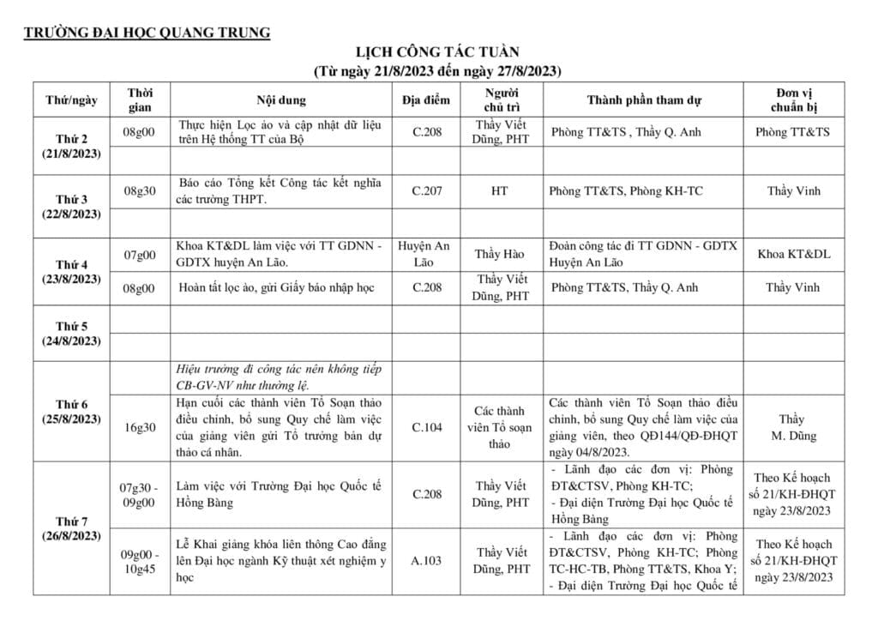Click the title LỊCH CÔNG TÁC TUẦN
point(438,53)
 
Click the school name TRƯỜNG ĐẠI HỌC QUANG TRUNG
point(147,33)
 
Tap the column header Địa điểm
point(425,99)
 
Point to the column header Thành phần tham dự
point(644,99)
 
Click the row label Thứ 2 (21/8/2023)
point(71,147)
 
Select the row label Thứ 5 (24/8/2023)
point(71,334)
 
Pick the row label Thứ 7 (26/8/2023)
point(71,528)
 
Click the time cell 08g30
point(140,191)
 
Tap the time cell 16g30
point(140,427)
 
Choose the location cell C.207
point(426,191)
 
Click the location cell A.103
point(426,561)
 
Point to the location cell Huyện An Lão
point(425,254)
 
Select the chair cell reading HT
point(499,191)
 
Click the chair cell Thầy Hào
point(499,255)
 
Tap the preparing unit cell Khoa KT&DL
point(793,254)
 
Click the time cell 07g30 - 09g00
point(140,495)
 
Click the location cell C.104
point(426,427)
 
